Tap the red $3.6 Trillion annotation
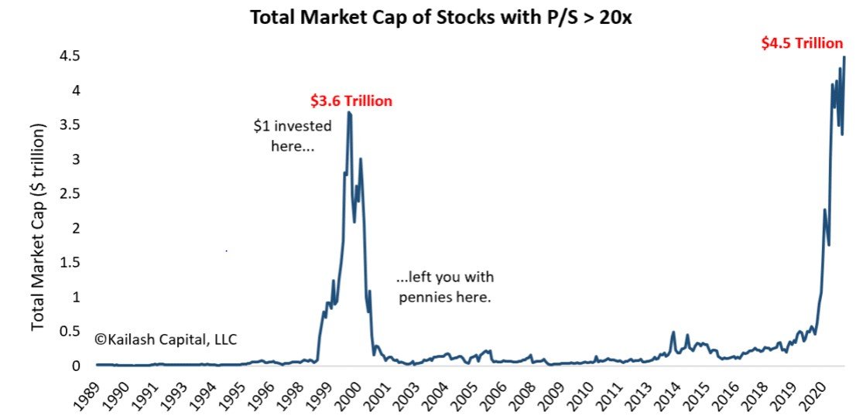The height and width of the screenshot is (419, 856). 351,100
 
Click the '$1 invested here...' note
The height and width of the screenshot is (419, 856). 292,135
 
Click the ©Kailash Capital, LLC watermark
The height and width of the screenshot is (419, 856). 166,339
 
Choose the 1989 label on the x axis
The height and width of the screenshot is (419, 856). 92,396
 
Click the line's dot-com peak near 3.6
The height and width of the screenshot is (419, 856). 349,113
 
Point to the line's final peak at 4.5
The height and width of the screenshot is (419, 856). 844,57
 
